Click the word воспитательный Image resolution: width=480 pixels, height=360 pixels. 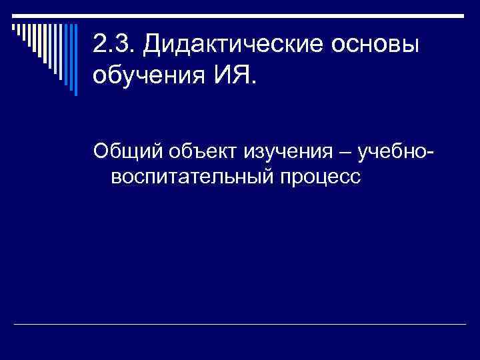(193, 178)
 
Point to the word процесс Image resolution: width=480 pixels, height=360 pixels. (322, 178)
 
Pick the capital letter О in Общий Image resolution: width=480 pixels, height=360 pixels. (101, 152)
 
